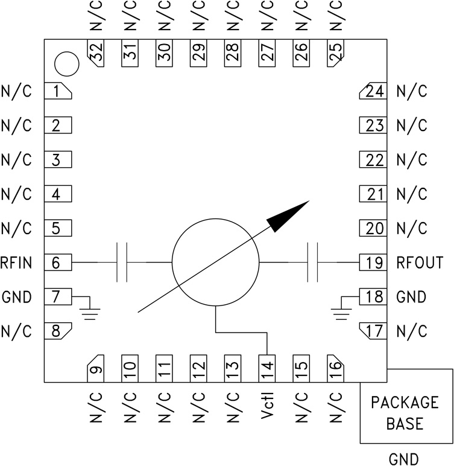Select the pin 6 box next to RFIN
[x=58, y=263]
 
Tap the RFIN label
[x=16, y=263]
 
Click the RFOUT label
[x=420, y=263]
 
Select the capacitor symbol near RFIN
[x=121, y=263]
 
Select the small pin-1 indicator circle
[x=66, y=63]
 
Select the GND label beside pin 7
[x=16, y=298]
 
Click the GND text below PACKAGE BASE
[x=405, y=459]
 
